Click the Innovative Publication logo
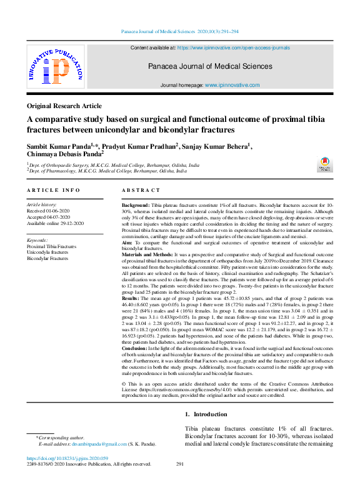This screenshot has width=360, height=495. pyautogui.click(x=56, y=67)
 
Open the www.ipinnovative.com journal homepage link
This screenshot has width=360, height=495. pyautogui.click(x=232, y=84)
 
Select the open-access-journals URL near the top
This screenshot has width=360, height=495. pyautogui.click(x=233, y=47)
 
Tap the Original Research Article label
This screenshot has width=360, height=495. pyautogui.click(x=64, y=106)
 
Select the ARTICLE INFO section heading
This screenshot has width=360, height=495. pyautogui.click(x=53, y=190)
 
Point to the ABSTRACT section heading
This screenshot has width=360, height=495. pyautogui.click(x=140, y=190)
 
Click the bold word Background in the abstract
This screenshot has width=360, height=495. pyautogui.click(x=135, y=205)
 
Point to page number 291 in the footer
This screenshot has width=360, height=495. pyautogui.click(x=180, y=464)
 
